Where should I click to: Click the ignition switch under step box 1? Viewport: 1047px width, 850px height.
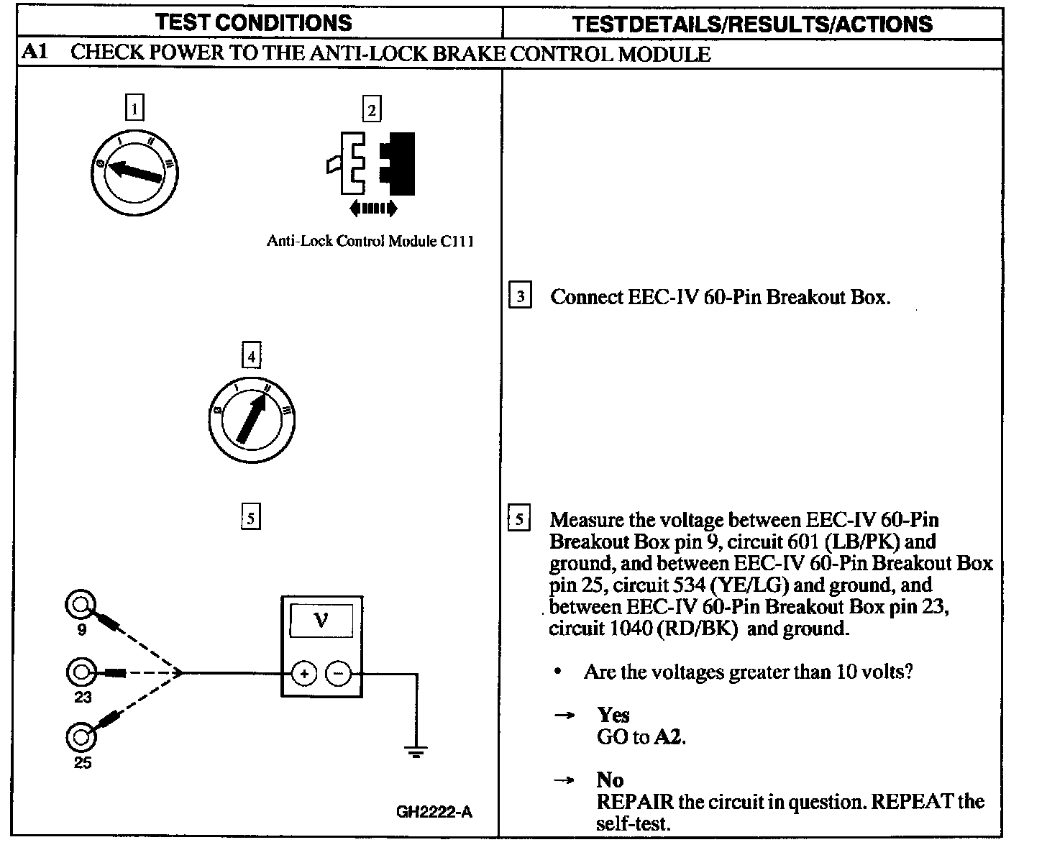pyautogui.click(x=134, y=173)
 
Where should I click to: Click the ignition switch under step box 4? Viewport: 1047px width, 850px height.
pyautogui.click(x=251, y=419)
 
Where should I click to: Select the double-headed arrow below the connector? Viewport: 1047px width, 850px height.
pyautogui.click(x=372, y=209)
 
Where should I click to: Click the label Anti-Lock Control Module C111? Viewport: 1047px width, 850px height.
pyautogui.click(x=370, y=241)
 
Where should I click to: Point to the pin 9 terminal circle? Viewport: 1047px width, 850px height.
pyautogui.click(x=79, y=605)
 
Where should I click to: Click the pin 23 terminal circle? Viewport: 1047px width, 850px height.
pyautogui.click(x=81, y=673)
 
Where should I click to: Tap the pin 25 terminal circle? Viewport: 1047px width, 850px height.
pyautogui.click(x=81, y=738)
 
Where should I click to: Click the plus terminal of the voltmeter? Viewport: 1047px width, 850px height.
pyautogui.click(x=304, y=674)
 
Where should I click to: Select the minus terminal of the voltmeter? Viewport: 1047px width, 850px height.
pyautogui.click(x=339, y=674)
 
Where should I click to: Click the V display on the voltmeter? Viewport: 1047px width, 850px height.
pyautogui.click(x=321, y=621)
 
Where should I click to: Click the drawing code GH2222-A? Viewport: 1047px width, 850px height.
pyautogui.click(x=434, y=813)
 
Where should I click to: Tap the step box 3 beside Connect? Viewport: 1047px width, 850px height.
pyautogui.click(x=520, y=296)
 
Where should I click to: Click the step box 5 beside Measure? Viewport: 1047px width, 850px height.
pyautogui.click(x=519, y=519)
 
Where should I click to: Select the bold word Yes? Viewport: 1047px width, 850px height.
pyautogui.click(x=613, y=715)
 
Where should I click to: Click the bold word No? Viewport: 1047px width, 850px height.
pyautogui.click(x=610, y=780)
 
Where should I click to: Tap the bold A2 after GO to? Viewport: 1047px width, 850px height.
pyautogui.click(x=669, y=737)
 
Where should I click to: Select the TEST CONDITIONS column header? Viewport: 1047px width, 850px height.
pyautogui.click(x=253, y=22)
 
